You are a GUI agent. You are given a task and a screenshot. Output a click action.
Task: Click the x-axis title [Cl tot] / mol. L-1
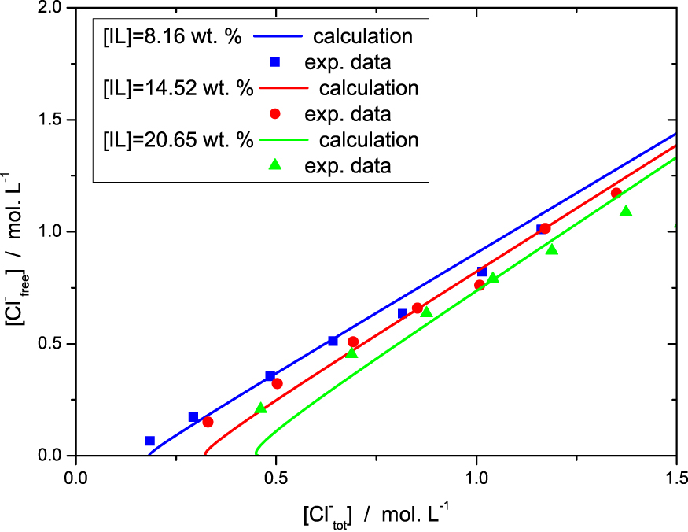pyautogui.click(x=376, y=515)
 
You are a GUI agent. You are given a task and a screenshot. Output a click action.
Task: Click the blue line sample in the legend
pyautogui.click(x=274, y=37)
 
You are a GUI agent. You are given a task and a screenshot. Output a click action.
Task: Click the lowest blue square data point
pyautogui.click(x=150, y=441)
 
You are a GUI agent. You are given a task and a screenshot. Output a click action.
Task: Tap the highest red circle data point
pyautogui.click(x=616, y=193)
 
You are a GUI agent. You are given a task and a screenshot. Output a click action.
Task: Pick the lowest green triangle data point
pyautogui.click(x=261, y=408)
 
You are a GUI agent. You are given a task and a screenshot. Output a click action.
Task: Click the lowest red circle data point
pyautogui.click(x=208, y=422)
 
